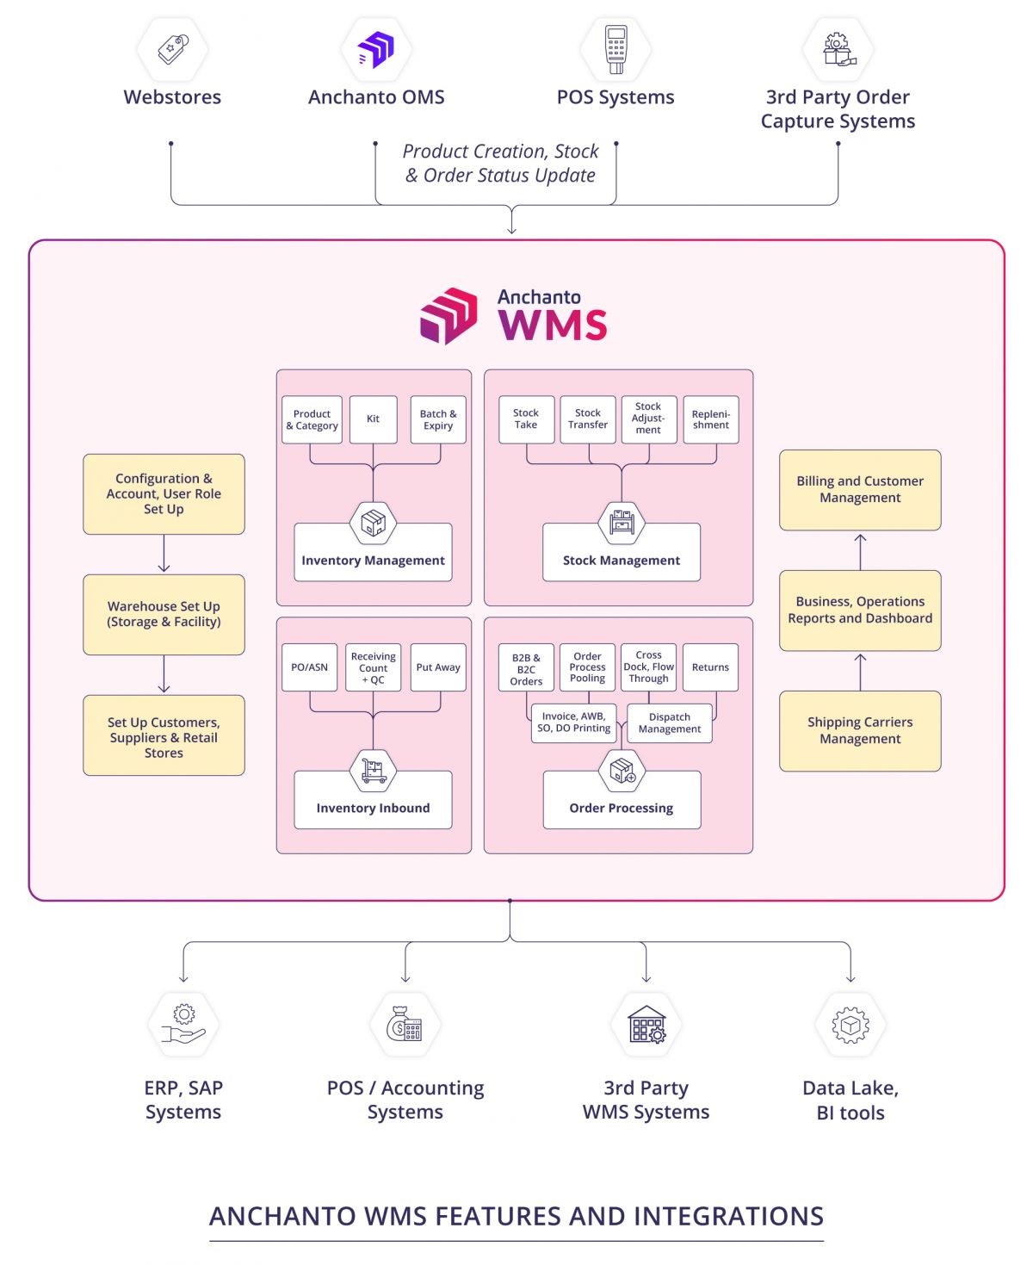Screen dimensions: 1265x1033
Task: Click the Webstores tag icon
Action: coord(173,49)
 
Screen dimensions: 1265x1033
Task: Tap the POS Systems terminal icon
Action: coord(615,49)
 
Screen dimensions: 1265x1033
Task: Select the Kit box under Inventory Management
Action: coord(373,419)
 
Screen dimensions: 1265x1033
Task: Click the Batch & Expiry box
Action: coord(438,419)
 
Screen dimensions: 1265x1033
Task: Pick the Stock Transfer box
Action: coord(588,419)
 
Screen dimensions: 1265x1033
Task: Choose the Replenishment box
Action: coord(710,419)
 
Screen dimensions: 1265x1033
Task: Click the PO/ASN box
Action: coord(309,667)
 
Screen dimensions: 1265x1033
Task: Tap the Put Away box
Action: coord(438,667)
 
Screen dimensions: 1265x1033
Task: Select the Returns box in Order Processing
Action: coord(710,667)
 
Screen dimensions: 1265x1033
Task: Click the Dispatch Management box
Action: coord(670,723)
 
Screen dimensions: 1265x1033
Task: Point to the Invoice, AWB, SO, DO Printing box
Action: coord(573,722)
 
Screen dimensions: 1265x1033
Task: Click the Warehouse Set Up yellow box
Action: coord(164,614)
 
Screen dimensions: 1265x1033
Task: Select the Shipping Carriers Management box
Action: coord(860,730)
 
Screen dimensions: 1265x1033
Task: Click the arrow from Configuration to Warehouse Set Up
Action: coord(164,555)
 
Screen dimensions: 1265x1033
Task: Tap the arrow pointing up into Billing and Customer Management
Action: coord(860,550)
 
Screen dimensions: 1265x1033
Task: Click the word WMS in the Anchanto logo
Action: coord(553,326)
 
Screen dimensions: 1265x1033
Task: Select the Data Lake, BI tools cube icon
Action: coord(851,1025)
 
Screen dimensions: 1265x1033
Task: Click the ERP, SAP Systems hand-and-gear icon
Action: coord(183,1025)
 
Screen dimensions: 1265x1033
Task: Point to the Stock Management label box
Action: coord(622,560)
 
